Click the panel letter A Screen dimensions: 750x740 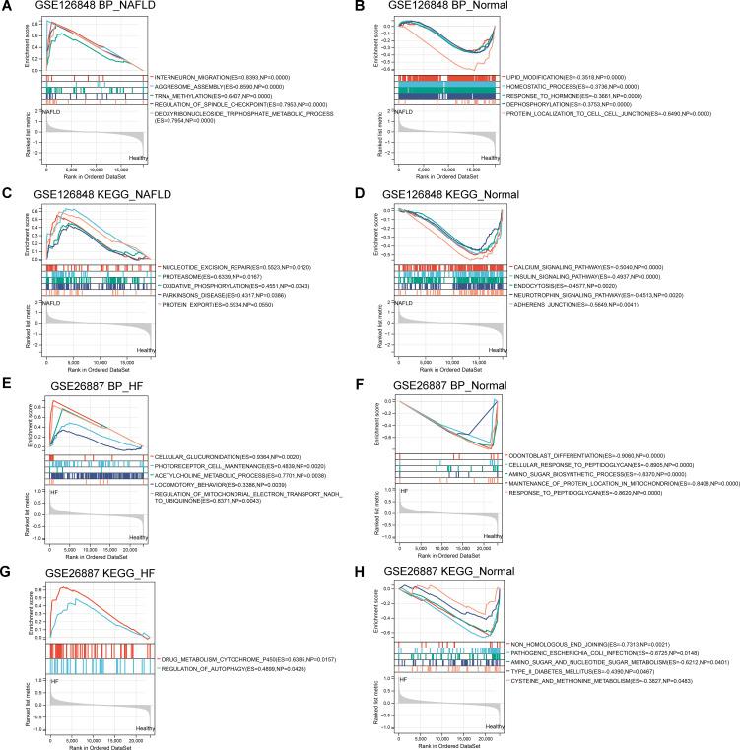click(7, 8)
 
